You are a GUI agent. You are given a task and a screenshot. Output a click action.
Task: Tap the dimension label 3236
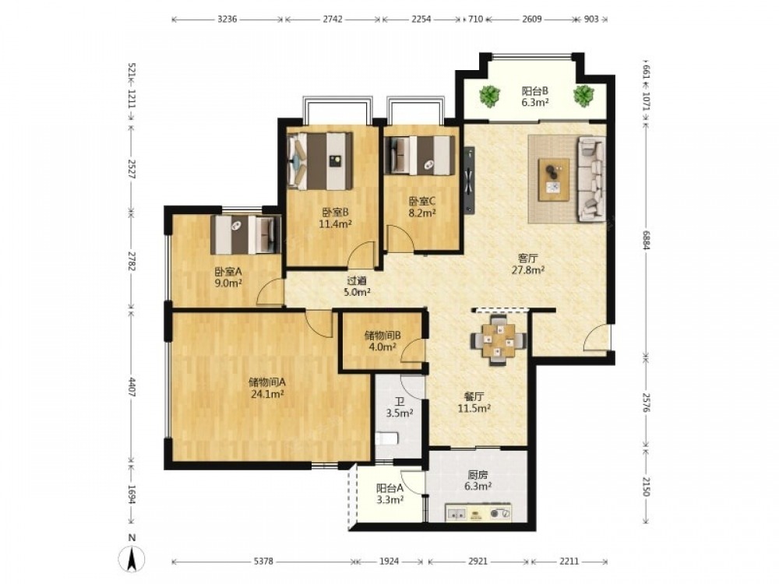(x=227, y=19)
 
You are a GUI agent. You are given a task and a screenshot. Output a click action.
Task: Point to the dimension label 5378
(x=263, y=561)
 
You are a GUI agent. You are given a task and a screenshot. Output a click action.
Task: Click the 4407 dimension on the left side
(x=132, y=387)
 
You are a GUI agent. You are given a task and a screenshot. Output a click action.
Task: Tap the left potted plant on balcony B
(x=490, y=96)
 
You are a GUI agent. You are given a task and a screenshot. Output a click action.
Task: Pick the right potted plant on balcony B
(x=583, y=95)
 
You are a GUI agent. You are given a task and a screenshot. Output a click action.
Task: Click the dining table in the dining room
(x=499, y=340)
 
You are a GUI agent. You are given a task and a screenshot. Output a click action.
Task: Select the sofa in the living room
(x=591, y=179)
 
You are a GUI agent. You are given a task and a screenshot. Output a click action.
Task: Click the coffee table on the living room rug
(x=554, y=179)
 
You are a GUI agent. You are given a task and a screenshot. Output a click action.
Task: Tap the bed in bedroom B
(x=320, y=161)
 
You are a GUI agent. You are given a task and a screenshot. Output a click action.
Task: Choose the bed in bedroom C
(x=420, y=155)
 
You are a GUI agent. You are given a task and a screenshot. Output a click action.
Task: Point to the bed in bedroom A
(x=245, y=234)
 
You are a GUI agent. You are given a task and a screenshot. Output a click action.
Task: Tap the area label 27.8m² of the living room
(x=528, y=270)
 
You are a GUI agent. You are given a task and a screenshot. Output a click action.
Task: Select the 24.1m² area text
(x=266, y=394)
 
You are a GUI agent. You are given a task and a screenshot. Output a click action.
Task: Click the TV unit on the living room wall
(x=469, y=181)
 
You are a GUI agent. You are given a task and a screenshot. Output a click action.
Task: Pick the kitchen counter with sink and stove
(x=478, y=513)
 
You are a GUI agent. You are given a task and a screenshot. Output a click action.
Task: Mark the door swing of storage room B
(x=412, y=349)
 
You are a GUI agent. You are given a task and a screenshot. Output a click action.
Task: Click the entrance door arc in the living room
(x=595, y=338)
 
